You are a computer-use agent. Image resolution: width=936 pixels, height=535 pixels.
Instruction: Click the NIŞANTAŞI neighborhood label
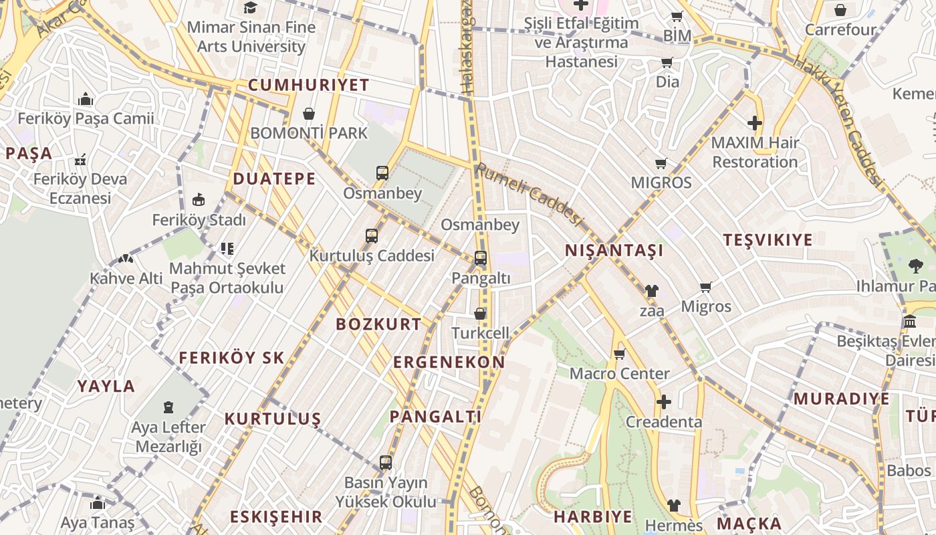[x=614, y=251]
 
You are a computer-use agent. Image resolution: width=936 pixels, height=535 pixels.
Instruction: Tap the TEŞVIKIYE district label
[x=768, y=240]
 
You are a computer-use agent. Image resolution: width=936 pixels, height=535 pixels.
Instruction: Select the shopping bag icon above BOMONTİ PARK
[x=309, y=114]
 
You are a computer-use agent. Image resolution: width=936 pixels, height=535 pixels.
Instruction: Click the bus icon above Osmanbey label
[x=382, y=173]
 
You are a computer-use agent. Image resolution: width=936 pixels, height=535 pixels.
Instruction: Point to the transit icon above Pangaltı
[x=480, y=258]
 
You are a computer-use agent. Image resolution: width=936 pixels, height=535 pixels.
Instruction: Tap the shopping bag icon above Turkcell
[x=479, y=313]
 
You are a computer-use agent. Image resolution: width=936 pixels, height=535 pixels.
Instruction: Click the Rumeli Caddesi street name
[x=529, y=195]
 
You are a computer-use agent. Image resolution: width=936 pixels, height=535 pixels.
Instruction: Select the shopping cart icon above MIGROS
[x=661, y=163]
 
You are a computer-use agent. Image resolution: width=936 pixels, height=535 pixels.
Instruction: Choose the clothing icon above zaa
[x=652, y=291]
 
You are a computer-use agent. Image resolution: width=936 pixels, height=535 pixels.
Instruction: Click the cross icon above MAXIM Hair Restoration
[x=755, y=123]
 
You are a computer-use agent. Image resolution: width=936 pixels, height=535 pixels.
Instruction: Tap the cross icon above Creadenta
[x=663, y=402]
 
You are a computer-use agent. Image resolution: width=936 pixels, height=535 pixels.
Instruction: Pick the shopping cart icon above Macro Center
[x=620, y=354]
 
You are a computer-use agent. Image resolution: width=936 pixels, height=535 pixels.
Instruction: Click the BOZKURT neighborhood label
[x=378, y=324]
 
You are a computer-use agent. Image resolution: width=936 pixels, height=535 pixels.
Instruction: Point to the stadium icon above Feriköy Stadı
[x=199, y=200]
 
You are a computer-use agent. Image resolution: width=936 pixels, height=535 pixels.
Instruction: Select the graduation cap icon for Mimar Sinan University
[x=250, y=7]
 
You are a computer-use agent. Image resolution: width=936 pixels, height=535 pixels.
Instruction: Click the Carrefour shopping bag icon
[x=840, y=10]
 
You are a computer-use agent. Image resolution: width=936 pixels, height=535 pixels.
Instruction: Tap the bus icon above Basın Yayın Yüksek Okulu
[x=385, y=462]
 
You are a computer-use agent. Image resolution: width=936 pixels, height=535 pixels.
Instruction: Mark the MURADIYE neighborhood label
[x=841, y=399]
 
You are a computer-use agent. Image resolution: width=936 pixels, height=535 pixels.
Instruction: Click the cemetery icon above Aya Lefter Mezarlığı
[x=168, y=407]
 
